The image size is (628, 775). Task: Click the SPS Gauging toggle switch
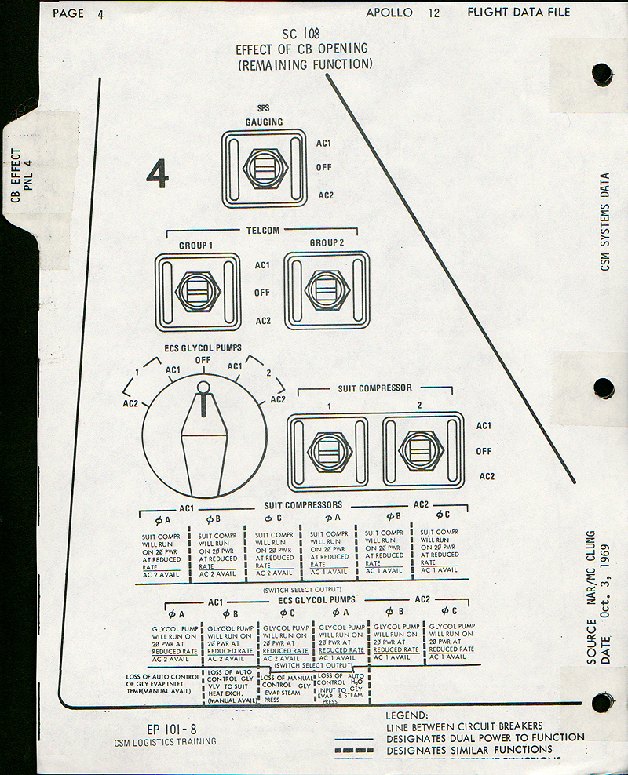(x=264, y=169)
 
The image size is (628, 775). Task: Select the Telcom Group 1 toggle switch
(x=198, y=291)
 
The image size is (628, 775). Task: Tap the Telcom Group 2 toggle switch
(x=327, y=290)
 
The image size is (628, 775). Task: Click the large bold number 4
(x=157, y=174)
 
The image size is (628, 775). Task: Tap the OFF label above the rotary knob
(x=203, y=360)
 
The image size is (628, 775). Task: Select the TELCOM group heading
(x=262, y=231)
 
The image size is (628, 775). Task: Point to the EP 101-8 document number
(x=172, y=727)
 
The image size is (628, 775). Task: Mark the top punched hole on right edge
(x=602, y=75)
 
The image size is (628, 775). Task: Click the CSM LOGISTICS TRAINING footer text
(x=164, y=741)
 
